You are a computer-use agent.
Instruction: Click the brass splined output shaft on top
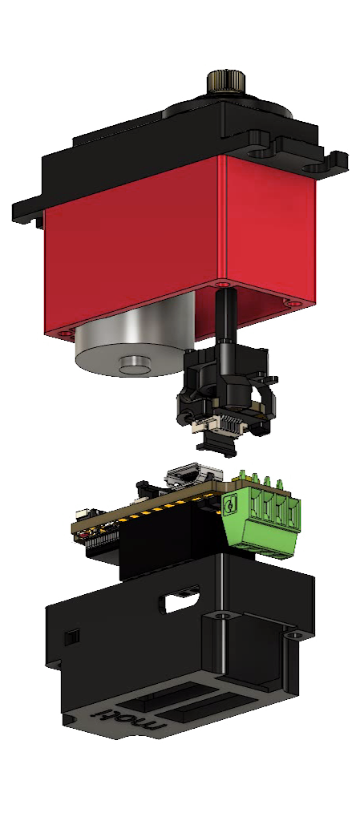click(227, 82)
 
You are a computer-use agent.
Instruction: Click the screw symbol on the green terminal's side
click(229, 506)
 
